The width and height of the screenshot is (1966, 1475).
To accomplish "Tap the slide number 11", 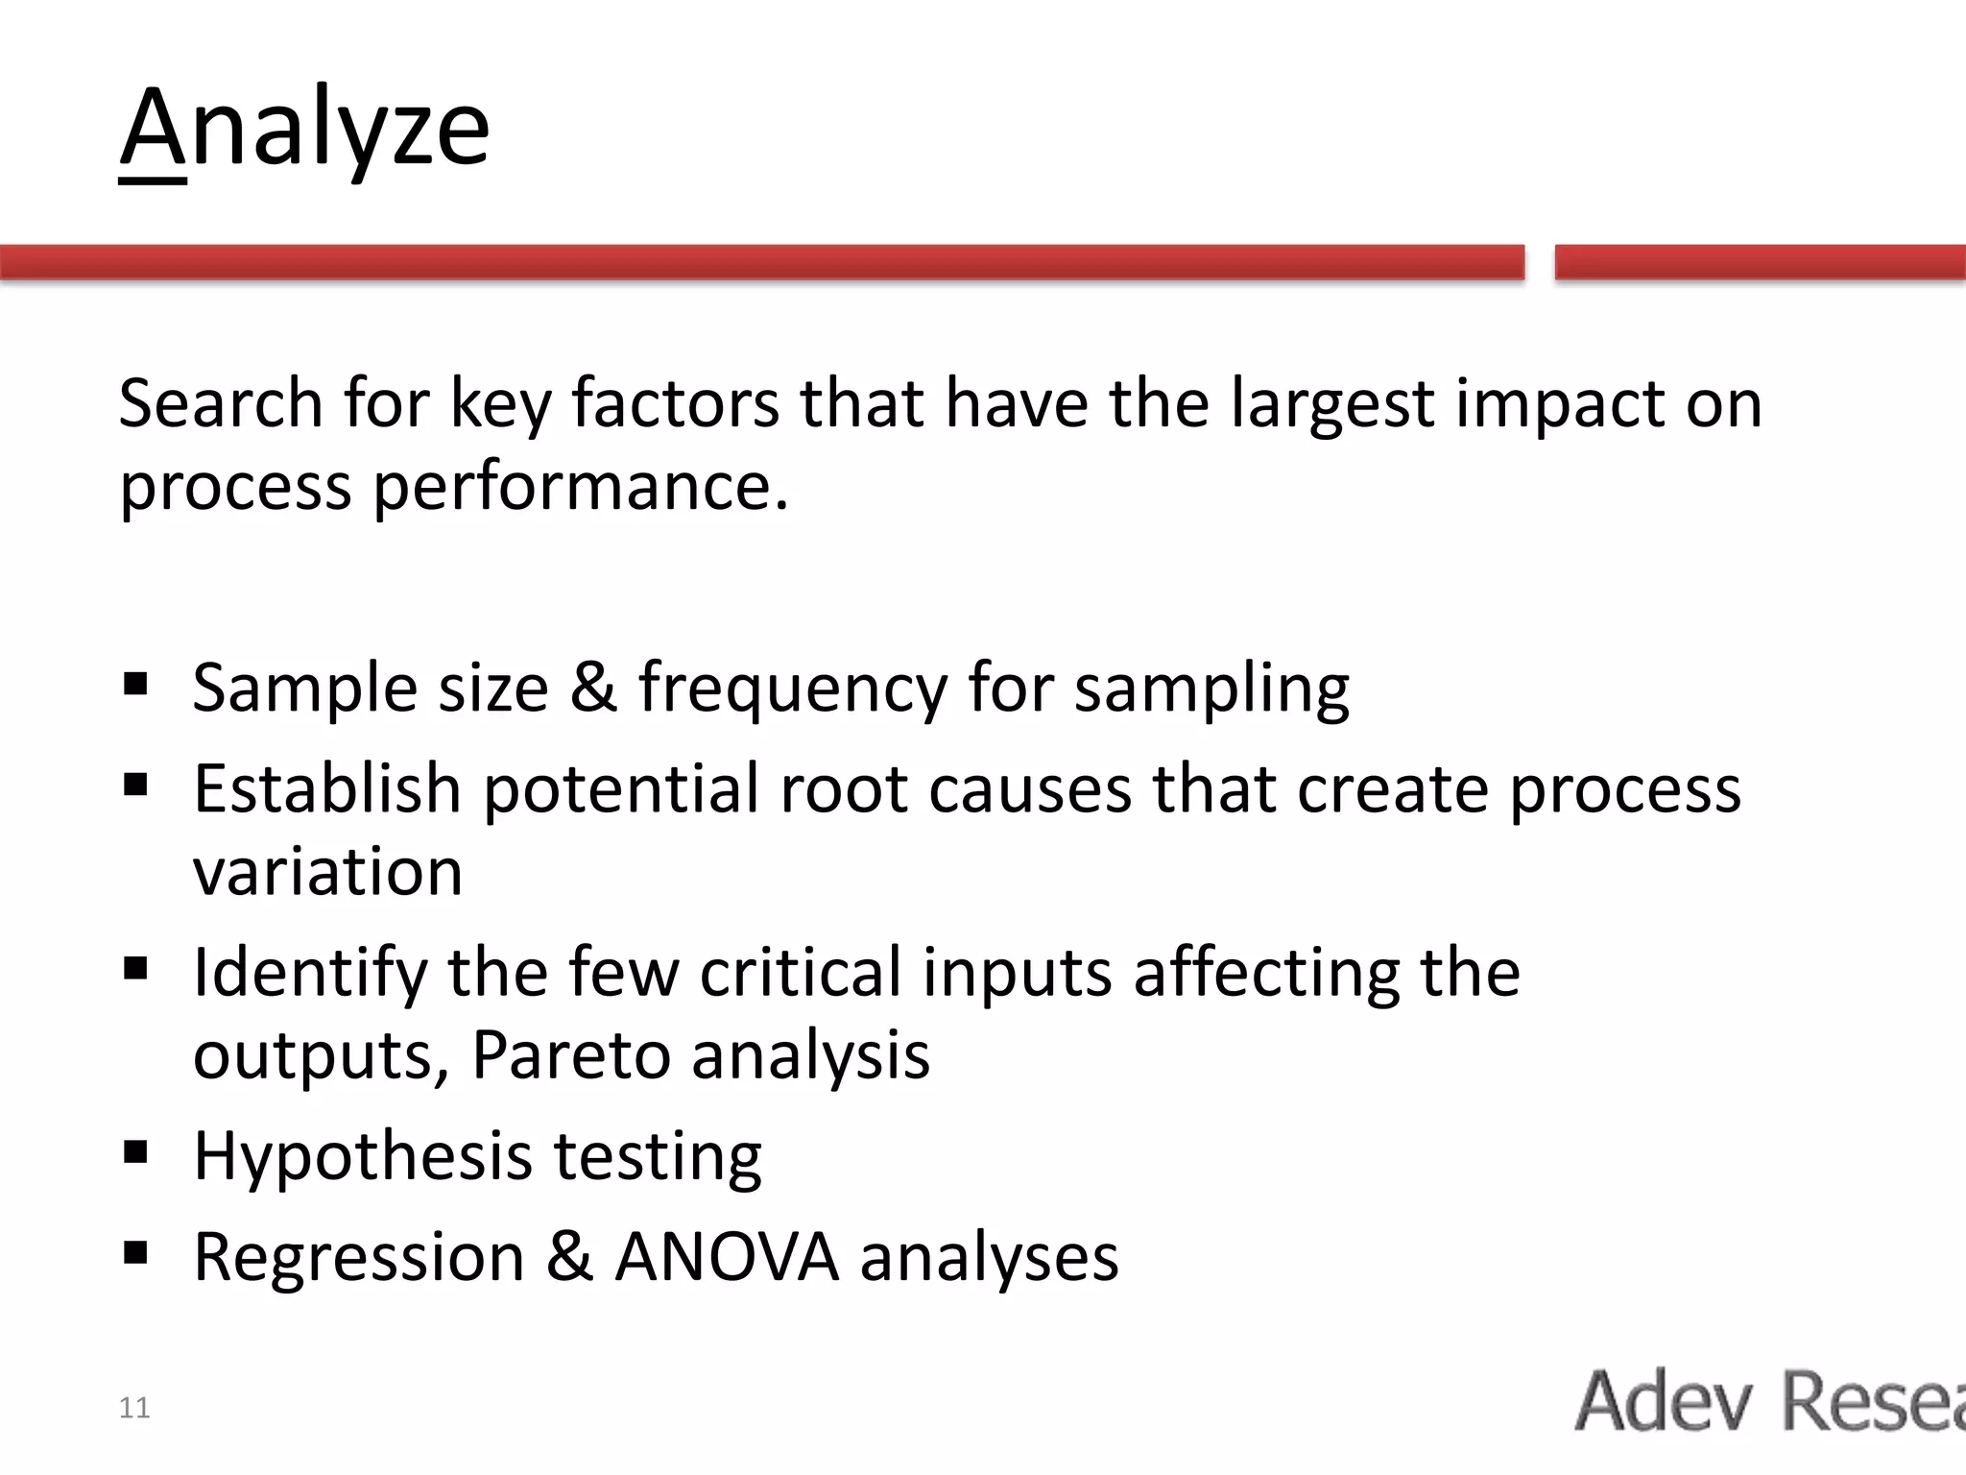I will click(134, 1408).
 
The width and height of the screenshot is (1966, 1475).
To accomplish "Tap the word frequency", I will click(792, 689).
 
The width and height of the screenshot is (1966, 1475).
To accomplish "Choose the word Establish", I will click(327, 788).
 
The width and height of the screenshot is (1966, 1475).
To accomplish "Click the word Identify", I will click(309, 973).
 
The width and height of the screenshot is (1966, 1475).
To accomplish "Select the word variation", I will click(327, 872).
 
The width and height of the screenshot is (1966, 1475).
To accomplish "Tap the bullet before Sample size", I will click(135, 685).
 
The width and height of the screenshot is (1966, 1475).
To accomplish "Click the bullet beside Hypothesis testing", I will click(135, 1151).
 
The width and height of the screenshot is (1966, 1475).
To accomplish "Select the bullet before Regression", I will click(135, 1252).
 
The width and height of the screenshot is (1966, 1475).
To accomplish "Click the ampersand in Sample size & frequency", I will click(593, 689).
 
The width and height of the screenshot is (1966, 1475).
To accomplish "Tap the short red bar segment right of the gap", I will click(1759, 262).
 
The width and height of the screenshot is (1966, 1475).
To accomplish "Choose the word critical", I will click(800, 973).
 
